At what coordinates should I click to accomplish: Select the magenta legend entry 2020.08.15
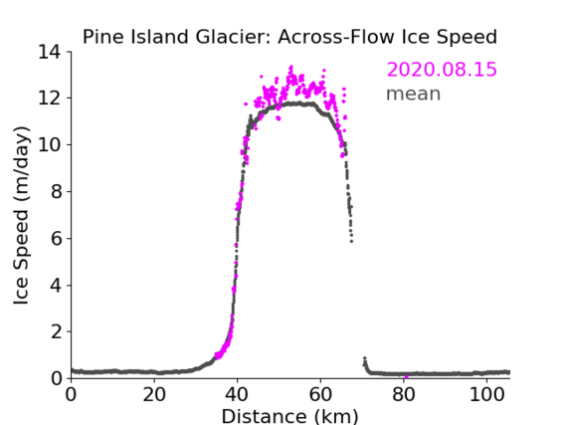pos(442,70)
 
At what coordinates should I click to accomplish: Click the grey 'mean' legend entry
pos(414,94)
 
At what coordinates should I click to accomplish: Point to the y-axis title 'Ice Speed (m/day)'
pos(21,215)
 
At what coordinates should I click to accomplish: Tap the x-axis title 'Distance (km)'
pos(289,417)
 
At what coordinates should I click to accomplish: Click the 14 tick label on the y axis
pos(50,52)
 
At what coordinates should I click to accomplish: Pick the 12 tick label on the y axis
pos(50,99)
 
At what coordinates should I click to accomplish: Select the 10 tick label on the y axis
pos(50,144)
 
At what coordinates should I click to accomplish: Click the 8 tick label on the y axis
pos(56,191)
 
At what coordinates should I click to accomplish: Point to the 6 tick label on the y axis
pos(56,238)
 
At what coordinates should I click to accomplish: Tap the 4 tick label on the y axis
pos(56,286)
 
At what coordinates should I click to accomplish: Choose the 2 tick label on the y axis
pos(56,331)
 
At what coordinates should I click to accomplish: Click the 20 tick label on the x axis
pos(154,394)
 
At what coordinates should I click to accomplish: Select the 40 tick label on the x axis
pos(237,394)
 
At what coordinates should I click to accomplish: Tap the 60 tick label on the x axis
pos(320,394)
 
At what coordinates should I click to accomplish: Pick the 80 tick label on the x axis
pos(404,394)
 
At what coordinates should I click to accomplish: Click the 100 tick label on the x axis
pos(486,394)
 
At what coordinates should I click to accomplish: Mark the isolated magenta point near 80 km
pos(406,377)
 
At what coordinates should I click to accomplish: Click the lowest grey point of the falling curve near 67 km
pos(351,241)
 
